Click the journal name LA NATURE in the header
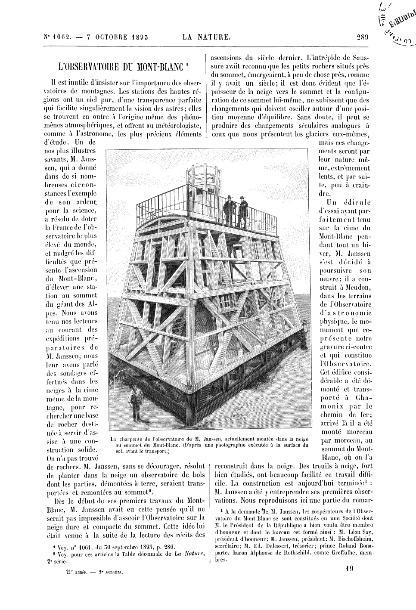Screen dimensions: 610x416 click(206, 37)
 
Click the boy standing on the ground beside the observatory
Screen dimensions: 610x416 click(137, 402)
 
